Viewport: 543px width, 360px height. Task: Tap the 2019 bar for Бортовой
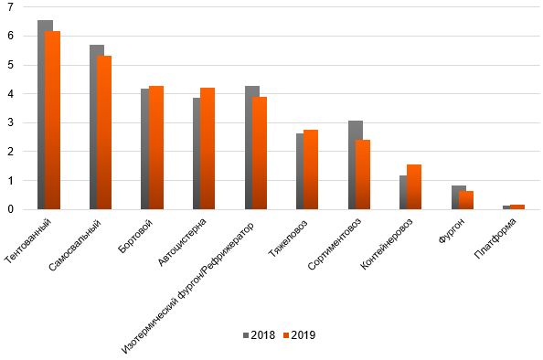156,147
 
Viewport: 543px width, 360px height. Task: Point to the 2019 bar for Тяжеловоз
311,169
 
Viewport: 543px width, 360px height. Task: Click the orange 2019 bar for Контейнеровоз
414,186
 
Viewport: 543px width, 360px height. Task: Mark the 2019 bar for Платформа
517,206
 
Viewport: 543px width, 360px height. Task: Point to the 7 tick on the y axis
9,7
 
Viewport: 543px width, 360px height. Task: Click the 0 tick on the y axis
9,209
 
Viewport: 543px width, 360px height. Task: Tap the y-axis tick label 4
9,94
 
